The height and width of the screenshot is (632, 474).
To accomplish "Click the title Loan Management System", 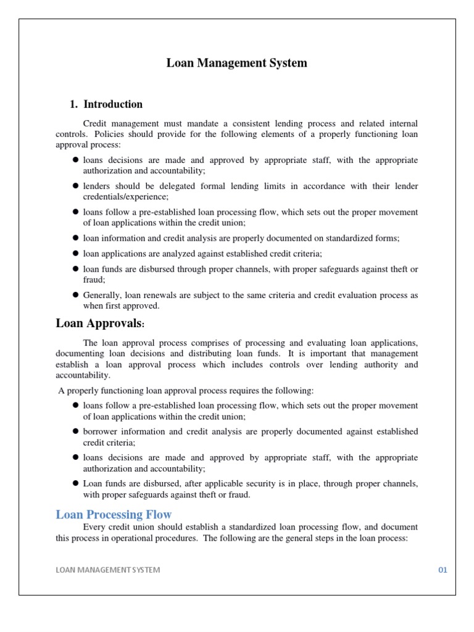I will (236, 63).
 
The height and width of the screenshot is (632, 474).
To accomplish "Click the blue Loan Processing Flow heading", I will (114, 514).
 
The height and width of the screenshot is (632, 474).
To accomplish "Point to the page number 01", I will (443, 570).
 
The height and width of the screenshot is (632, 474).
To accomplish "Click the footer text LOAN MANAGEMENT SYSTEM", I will (108, 570).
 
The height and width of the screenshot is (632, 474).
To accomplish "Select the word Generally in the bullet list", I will (102, 295).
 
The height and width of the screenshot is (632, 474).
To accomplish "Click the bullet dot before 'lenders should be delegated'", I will (76, 186).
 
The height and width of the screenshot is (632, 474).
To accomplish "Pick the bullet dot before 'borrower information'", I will (76, 431).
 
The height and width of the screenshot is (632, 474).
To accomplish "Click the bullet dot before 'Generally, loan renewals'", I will (76, 295).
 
